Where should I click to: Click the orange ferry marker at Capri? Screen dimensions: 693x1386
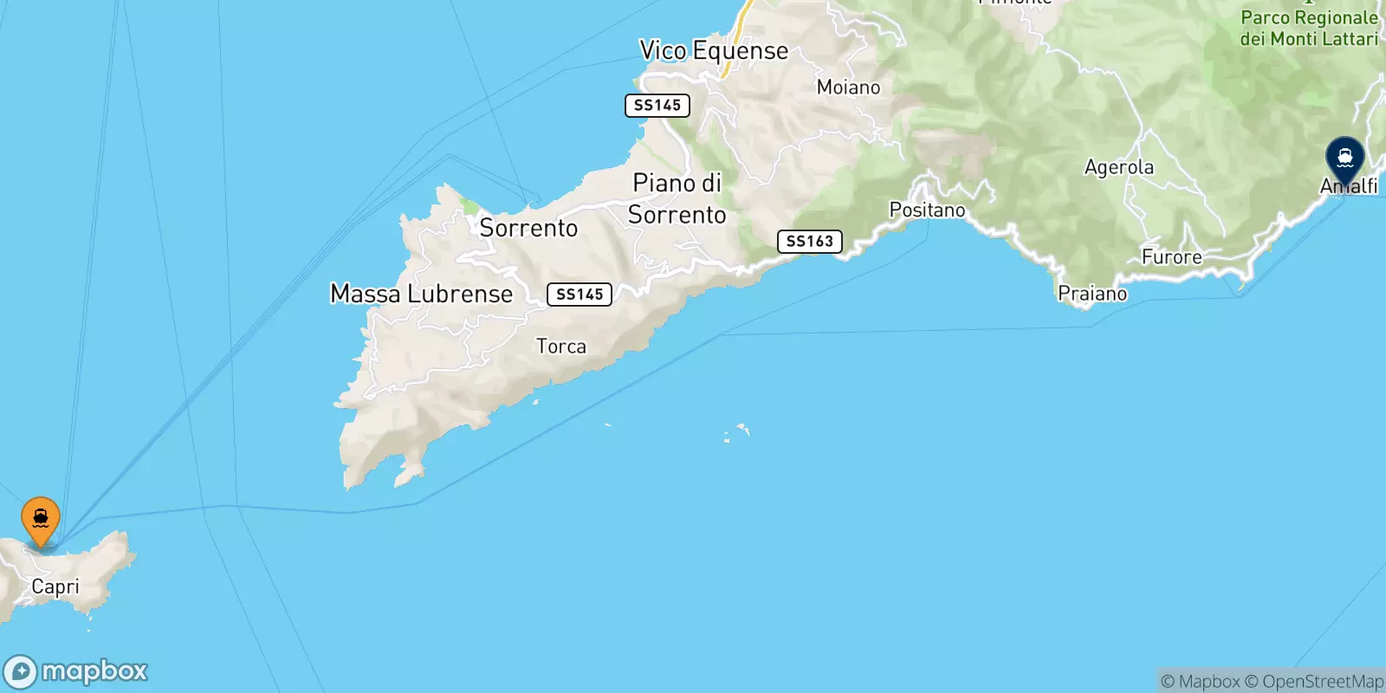pyautogui.click(x=40, y=520)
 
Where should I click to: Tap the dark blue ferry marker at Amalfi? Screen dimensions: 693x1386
pyautogui.click(x=1344, y=159)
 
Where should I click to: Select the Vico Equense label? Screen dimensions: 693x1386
pyautogui.click(x=714, y=51)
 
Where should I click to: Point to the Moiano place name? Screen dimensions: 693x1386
pyautogui.click(x=848, y=87)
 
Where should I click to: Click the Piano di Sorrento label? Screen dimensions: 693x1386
pyautogui.click(x=677, y=199)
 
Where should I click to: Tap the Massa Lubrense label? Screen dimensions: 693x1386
pyautogui.click(x=421, y=295)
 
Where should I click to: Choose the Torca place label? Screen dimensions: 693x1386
pyautogui.click(x=560, y=346)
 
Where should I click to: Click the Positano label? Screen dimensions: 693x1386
pyautogui.click(x=927, y=210)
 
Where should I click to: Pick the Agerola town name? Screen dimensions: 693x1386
pyautogui.click(x=1118, y=167)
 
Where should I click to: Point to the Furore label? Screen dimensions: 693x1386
pyautogui.click(x=1171, y=257)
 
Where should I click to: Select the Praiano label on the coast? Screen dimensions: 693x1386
pyautogui.click(x=1092, y=295)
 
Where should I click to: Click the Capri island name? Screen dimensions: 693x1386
pyautogui.click(x=55, y=587)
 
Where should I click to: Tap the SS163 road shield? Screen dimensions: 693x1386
pyautogui.click(x=809, y=242)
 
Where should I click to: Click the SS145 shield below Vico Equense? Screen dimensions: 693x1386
pyautogui.click(x=657, y=106)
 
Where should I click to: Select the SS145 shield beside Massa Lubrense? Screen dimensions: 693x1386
pyautogui.click(x=580, y=295)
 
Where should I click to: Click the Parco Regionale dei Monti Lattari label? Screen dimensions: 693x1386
pyautogui.click(x=1308, y=29)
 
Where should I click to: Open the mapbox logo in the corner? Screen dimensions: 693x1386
pyautogui.click(x=76, y=671)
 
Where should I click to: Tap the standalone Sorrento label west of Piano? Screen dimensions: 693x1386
pyautogui.click(x=528, y=229)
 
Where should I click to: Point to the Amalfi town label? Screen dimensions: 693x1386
pyautogui.click(x=1349, y=186)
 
